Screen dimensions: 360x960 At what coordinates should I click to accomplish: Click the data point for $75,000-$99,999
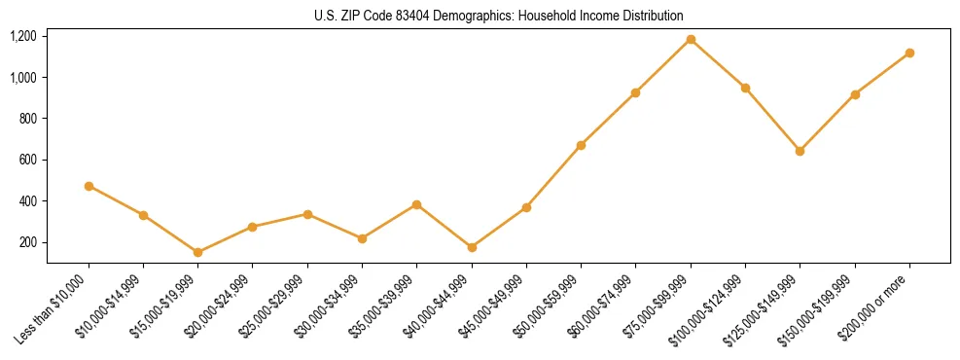691,40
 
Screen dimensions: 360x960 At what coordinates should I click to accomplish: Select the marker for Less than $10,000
89,186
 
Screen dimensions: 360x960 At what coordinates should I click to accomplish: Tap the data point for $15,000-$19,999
198,252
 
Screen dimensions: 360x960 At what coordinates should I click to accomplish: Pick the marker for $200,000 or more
909,53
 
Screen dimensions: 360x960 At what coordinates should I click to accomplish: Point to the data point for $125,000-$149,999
800,151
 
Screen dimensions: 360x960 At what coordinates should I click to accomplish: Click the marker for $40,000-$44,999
472,247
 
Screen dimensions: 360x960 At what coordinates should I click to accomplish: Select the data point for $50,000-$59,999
581,145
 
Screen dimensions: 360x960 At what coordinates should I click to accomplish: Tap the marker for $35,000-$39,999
417,204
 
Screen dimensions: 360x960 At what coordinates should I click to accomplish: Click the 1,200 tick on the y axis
23,36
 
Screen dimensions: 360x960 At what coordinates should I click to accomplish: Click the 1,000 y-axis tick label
23,77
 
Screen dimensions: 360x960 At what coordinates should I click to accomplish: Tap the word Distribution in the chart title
649,17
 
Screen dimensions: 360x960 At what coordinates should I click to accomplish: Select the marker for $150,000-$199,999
855,94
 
